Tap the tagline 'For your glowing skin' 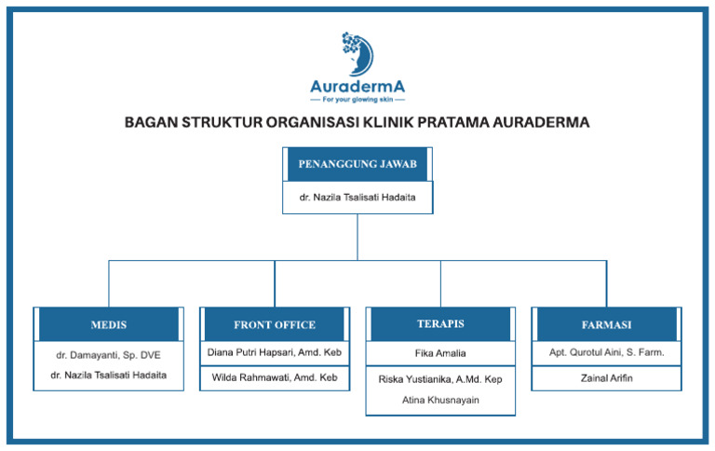pyautogui.click(x=357, y=99)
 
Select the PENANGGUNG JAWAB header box pyautogui.click(x=357, y=164)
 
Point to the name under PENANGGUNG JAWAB pyautogui.click(x=357, y=198)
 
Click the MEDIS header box pyautogui.click(x=109, y=324)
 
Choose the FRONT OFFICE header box pyautogui.click(x=275, y=324)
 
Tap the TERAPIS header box pyautogui.click(x=440, y=323)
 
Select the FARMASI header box pyautogui.click(x=606, y=324)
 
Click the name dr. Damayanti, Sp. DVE pyautogui.click(x=109, y=355)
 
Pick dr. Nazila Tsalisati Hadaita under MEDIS pyautogui.click(x=109, y=375)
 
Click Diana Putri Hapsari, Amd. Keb pyautogui.click(x=275, y=353)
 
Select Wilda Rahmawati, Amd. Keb pyautogui.click(x=275, y=377)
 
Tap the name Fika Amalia pyautogui.click(x=440, y=353)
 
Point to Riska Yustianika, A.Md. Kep pyautogui.click(x=440, y=379)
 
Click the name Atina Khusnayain pyautogui.click(x=440, y=400)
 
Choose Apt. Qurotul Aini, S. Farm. pyautogui.click(x=606, y=353)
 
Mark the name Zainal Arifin pyautogui.click(x=606, y=378)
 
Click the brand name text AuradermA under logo pyautogui.click(x=357, y=86)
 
